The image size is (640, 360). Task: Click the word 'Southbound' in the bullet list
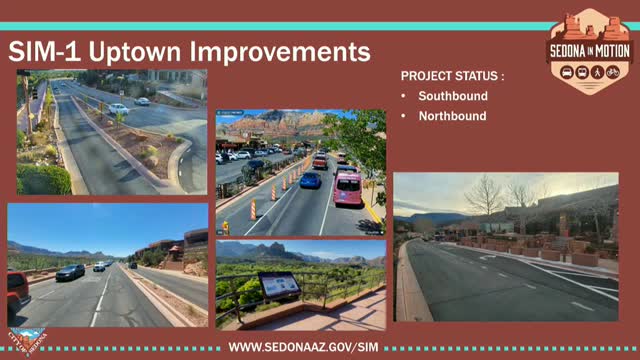coord(452,96)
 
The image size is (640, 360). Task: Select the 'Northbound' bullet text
coord(452,116)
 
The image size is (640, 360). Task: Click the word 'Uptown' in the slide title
coord(136,51)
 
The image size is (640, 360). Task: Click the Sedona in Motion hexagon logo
coord(589,50)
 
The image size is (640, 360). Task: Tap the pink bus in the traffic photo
coord(347,187)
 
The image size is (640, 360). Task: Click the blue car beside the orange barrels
coord(311,180)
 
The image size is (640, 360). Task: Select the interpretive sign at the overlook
coord(278,285)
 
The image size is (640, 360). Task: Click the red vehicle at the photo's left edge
coord(17,291)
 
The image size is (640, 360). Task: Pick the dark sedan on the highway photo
coord(70,272)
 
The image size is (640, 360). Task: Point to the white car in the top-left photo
coord(118,108)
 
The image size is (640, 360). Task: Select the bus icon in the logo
coord(565,72)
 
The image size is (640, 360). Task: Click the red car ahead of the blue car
coord(320,161)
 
